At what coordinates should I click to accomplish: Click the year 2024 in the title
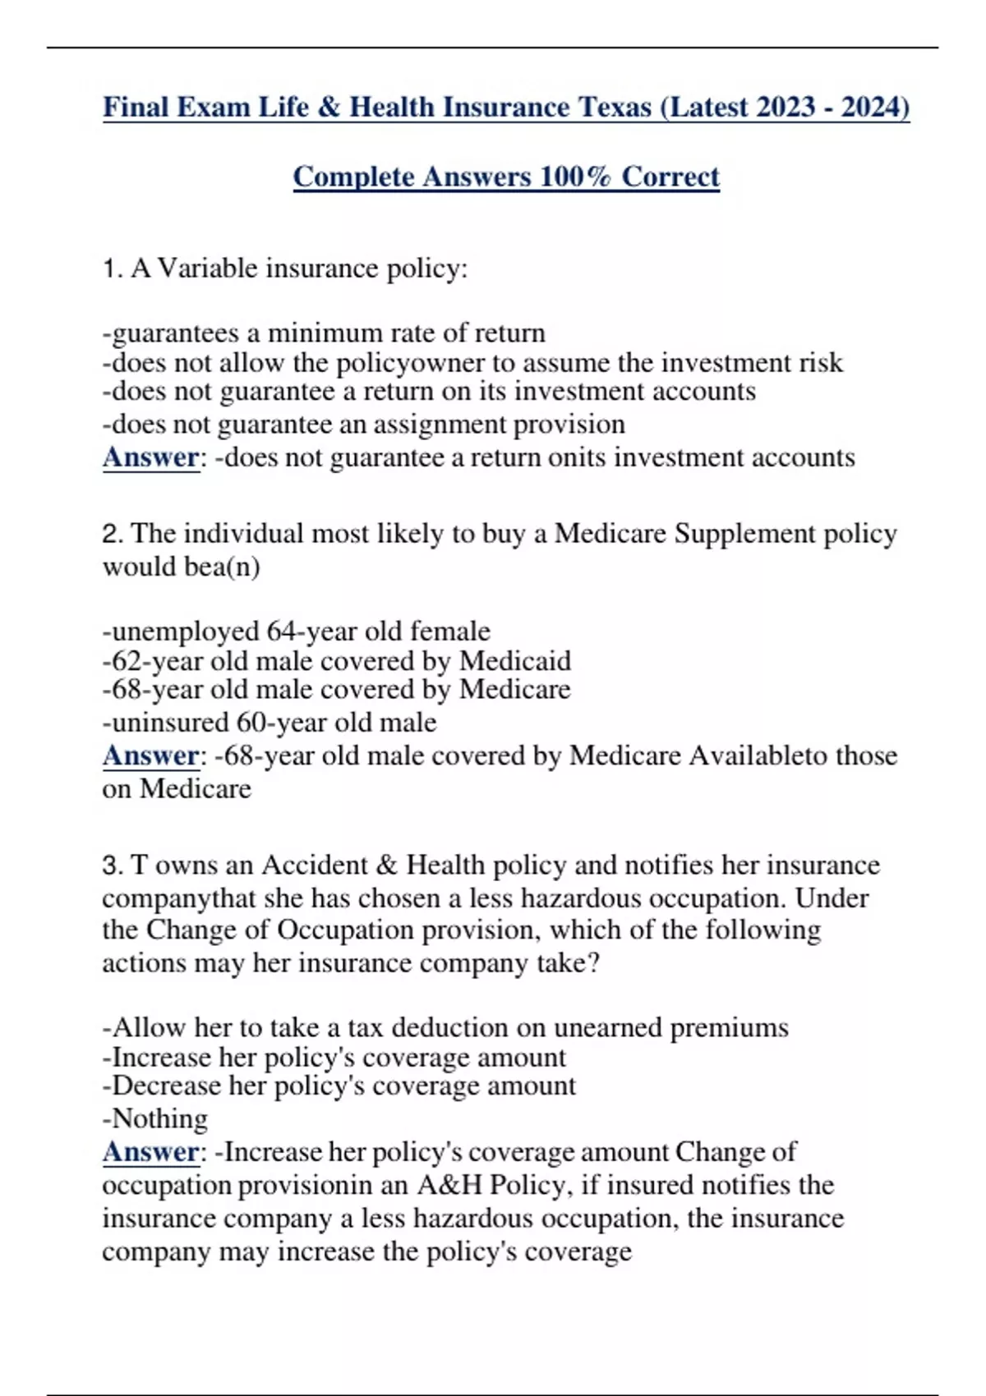(871, 108)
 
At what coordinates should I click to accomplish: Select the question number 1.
(112, 269)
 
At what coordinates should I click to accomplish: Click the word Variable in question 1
(207, 269)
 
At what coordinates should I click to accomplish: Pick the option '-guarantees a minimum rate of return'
(324, 333)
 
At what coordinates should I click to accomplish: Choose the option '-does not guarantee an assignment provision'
(363, 425)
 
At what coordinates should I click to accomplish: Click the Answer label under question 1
(151, 457)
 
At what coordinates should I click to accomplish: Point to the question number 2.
(112, 534)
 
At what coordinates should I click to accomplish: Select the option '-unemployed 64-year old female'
(296, 631)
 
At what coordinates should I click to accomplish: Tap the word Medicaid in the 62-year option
(515, 661)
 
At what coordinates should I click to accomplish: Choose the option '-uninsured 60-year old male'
(270, 723)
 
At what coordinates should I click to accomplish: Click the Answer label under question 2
(151, 755)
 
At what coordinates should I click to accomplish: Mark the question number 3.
(112, 866)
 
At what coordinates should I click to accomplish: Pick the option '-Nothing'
(155, 1118)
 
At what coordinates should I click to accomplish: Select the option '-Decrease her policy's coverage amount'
(339, 1086)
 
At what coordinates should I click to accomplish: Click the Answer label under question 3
(151, 1152)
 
